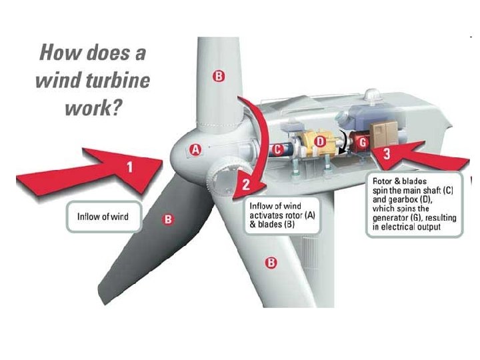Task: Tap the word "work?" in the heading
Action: (93, 108)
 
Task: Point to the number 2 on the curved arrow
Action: (245, 184)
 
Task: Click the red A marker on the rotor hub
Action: (196, 149)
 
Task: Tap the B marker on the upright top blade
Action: (218, 76)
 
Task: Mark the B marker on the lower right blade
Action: (271, 262)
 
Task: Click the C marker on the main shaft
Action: (277, 149)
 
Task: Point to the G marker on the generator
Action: (362, 142)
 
